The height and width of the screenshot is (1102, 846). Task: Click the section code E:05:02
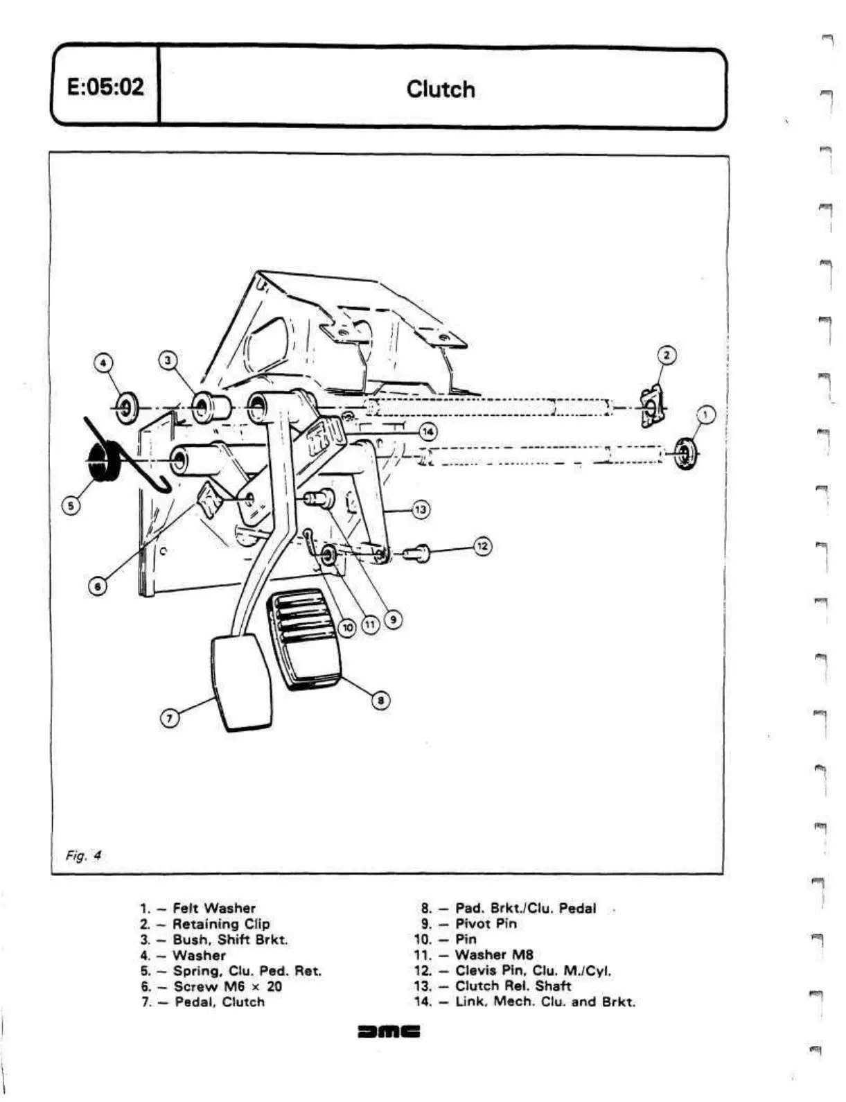point(105,87)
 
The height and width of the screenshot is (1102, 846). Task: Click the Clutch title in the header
point(441,89)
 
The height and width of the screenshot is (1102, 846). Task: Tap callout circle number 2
point(666,356)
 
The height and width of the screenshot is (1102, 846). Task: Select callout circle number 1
point(705,415)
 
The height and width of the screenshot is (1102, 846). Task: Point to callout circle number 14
point(428,432)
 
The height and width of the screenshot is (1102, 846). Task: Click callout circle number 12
point(483,546)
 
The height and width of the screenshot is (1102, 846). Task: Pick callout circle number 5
point(71,506)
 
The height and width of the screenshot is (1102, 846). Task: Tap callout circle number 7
point(170,717)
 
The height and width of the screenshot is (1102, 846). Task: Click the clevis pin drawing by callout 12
point(418,553)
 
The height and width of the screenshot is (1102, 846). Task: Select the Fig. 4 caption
point(83,855)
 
